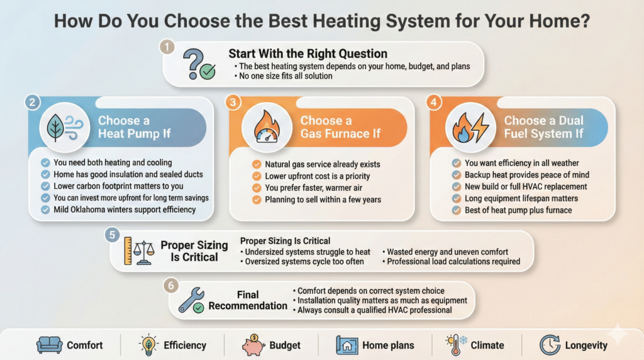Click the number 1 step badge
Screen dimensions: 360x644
166,47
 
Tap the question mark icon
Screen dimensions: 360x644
197,64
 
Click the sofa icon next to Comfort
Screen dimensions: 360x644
48,344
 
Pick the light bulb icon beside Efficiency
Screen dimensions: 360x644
148,344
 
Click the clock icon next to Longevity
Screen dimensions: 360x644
549,344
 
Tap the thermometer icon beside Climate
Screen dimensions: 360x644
455,344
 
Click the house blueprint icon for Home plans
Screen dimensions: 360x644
348,344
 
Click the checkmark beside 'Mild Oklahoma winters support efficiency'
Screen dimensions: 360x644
45,210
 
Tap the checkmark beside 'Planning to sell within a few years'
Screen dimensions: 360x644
257,200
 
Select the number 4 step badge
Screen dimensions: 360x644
432,101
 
